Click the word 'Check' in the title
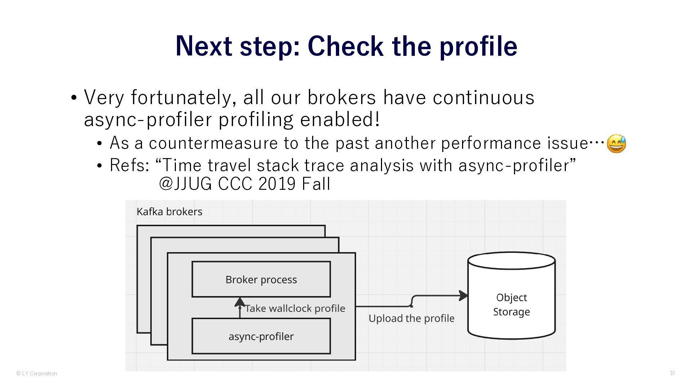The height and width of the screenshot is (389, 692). tap(345, 46)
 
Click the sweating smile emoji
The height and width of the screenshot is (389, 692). tap(616, 144)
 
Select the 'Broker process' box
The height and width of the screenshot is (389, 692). tap(261, 280)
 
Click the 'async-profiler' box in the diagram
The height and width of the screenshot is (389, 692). tap(261, 336)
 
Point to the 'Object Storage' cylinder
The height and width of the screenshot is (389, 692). tap(511, 295)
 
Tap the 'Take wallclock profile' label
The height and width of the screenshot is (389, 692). tap(295, 308)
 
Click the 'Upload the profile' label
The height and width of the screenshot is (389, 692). tap(411, 318)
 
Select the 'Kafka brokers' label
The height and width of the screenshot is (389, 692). tap(169, 212)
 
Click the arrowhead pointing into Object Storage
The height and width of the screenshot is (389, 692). tap(463, 296)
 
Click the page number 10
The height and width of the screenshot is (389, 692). tap(672, 373)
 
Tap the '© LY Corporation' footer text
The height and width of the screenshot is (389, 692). tap(37, 374)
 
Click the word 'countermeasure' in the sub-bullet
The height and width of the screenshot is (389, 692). tap(213, 143)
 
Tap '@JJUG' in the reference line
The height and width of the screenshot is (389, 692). tap(185, 184)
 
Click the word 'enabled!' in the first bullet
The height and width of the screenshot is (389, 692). tap(340, 120)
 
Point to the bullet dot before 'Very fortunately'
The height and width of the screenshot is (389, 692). tap(74, 98)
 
